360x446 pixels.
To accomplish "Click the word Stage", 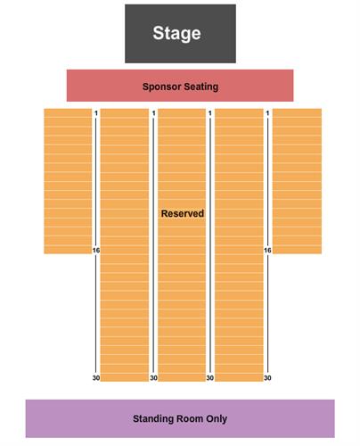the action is click(176, 33).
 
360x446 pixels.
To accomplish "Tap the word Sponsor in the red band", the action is click(161, 87).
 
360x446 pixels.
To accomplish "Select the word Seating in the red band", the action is click(201, 87).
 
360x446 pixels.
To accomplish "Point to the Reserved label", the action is click(183, 213).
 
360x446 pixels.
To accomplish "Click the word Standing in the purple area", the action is click(153, 418).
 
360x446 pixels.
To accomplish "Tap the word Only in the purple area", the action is click(217, 418).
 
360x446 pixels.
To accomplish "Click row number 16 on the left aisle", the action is click(96, 251).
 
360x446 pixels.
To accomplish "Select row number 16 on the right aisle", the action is click(267, 251).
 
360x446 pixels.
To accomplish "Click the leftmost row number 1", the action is click(96, 113).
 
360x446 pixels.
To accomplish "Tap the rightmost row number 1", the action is click(267, 113).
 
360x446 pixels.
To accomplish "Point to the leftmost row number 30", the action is click(96, 378).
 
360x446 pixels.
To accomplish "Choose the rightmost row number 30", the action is click(267, 378).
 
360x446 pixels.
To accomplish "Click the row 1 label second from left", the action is click(153, 113).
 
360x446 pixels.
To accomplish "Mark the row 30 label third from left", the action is click(210, 378).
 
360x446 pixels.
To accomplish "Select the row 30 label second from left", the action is click(153, 378).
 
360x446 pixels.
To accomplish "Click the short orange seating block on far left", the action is click(68, 181).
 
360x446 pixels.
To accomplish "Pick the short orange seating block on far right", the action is click(297, 181).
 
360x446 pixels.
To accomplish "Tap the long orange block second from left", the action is click(125, 245).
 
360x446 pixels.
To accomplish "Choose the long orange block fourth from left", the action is click(239, 245).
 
